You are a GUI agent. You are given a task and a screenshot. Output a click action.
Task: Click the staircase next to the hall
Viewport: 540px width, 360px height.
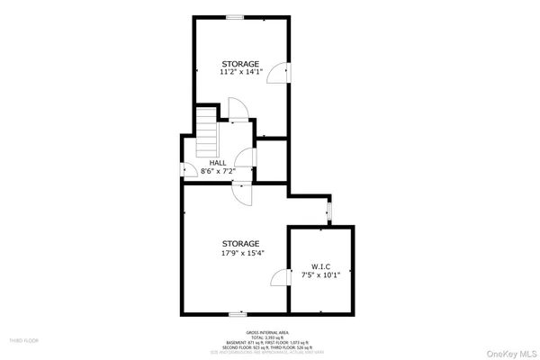tap(209, 136)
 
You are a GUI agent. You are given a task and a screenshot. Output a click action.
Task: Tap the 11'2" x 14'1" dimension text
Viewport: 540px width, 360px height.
tap(240, 73)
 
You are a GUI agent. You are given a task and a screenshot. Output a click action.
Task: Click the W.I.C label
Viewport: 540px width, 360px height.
tap(321, 265)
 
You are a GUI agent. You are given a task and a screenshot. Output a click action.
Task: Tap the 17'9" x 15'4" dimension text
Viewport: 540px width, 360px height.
tap(241, 253)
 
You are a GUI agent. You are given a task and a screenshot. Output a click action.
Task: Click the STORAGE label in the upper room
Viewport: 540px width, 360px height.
tap(240, 64)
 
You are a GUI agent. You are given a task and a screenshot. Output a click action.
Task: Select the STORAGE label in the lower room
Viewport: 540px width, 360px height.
tap(241, 243)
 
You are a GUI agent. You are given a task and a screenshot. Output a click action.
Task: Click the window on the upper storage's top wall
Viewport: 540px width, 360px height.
tap(234, 17)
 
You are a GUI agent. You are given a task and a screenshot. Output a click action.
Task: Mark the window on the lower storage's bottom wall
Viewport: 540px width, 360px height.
tap(238, 314)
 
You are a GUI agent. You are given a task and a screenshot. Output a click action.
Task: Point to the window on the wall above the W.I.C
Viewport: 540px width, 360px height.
tap(328, 211)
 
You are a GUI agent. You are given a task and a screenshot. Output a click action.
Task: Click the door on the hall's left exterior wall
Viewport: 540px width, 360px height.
tap(186, 169)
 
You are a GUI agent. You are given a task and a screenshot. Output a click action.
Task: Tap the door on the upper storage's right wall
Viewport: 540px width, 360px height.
tap(284, 71)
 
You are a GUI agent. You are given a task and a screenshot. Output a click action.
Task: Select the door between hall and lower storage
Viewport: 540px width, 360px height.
tap(241, 187)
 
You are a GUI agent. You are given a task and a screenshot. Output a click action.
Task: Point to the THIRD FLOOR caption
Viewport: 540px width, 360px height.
tap(23, 341)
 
